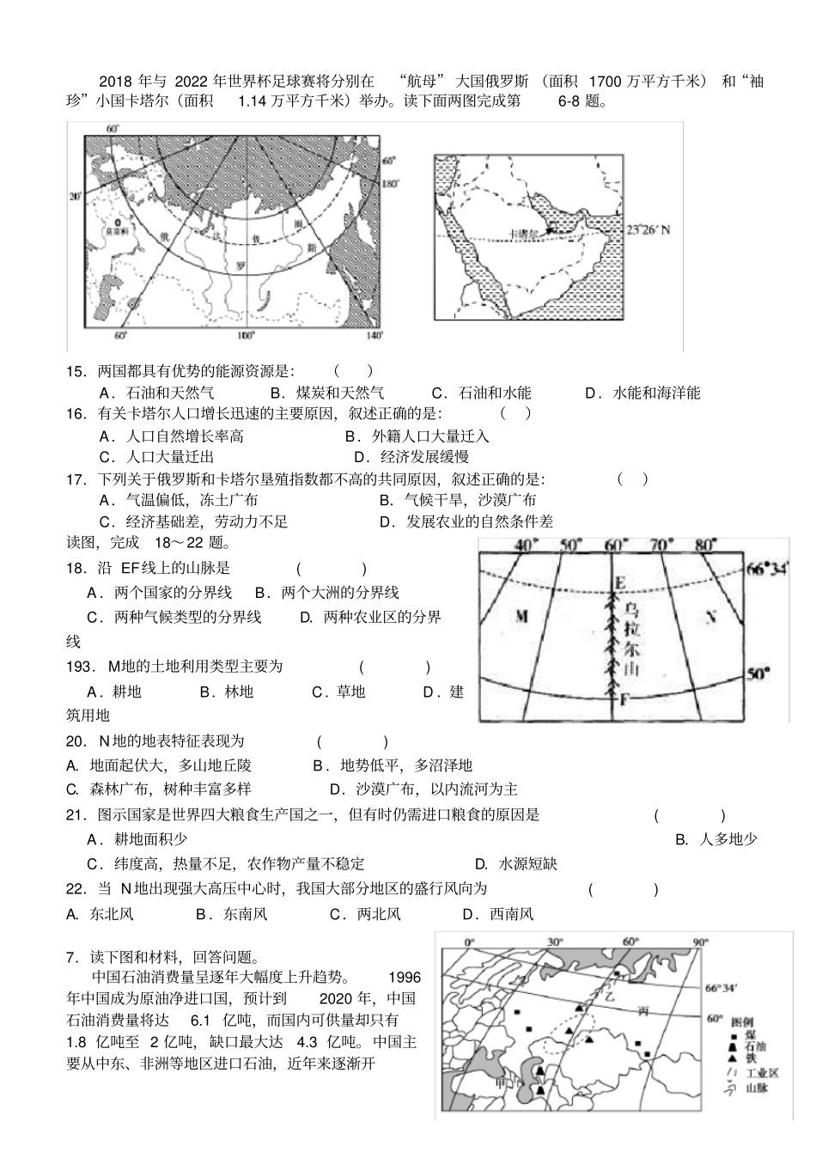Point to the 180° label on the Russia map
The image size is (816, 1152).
[390, 183]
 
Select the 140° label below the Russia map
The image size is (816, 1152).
[373, 335]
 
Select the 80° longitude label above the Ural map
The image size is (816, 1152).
[706, 545]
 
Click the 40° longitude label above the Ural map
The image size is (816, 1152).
[525, 545]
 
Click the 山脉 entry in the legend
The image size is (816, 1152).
[756, 1088]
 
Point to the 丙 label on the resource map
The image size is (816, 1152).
[642, 1011]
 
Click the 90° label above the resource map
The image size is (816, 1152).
[700, 942]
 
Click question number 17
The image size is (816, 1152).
[76, 479]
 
